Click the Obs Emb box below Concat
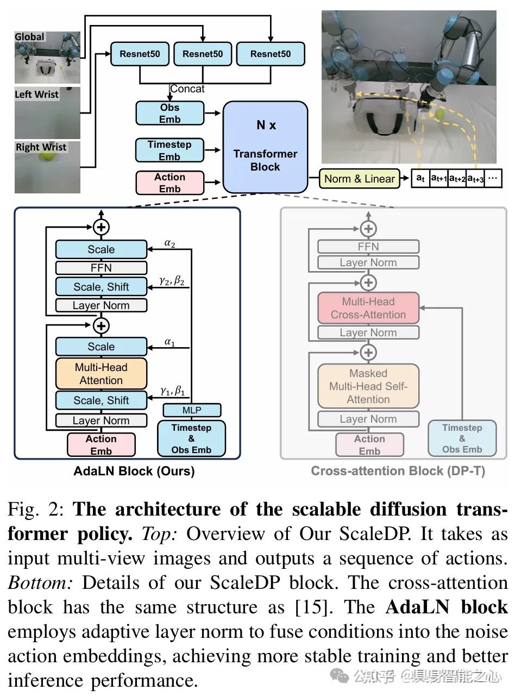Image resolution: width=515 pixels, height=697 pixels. (x=170, y=114)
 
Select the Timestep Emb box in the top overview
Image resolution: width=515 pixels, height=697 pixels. (x=169, y=150)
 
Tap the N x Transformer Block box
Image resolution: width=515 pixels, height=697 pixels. (x=265, y=147)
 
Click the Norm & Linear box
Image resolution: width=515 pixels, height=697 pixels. (x=359, y=179)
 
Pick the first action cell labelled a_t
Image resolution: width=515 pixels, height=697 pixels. (x=420, y=178)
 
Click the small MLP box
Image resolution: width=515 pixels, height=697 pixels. (x=191, y=410)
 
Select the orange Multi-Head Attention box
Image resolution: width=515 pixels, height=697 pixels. (x=101, y=374)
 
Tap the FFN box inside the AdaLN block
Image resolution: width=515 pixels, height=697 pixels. (x=101, y=268)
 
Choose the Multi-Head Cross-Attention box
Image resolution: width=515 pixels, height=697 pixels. (x=368, y=308)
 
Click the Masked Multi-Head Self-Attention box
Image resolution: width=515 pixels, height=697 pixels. (x=368, y=386)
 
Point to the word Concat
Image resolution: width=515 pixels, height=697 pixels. (x=187, y=89)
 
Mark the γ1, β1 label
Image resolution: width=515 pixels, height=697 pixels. (x=172, y=391)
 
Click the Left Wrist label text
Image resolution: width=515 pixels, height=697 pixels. (x=36, y=95)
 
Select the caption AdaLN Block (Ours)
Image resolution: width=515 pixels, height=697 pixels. (x=134, y=471)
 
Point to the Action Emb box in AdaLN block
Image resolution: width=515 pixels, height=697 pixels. (x=101, y=445)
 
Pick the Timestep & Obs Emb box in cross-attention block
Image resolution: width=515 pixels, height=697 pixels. (x=462, y=438)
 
